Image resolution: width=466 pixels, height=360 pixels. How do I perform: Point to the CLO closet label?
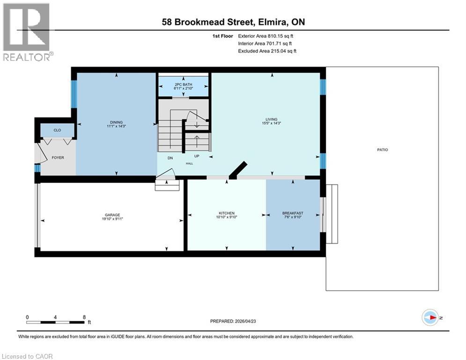click(x=57, y=130)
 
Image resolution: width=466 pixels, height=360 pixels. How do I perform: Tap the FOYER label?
click(x=57, y=157)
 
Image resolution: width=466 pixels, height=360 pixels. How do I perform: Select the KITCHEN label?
click(x=226, y=213)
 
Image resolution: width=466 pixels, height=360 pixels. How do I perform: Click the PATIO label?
click(x=382, y=150)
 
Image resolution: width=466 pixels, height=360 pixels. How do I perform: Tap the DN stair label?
click(x=170, y=158)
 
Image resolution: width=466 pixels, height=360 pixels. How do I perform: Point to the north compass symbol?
click(x=430, y=317)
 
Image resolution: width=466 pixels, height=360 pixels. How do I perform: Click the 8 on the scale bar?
click(x=84, y=317)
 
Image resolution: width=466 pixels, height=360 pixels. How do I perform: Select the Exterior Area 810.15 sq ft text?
click(x=266, y=36)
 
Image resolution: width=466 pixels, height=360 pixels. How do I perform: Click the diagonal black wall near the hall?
click(x=237, y=170)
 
